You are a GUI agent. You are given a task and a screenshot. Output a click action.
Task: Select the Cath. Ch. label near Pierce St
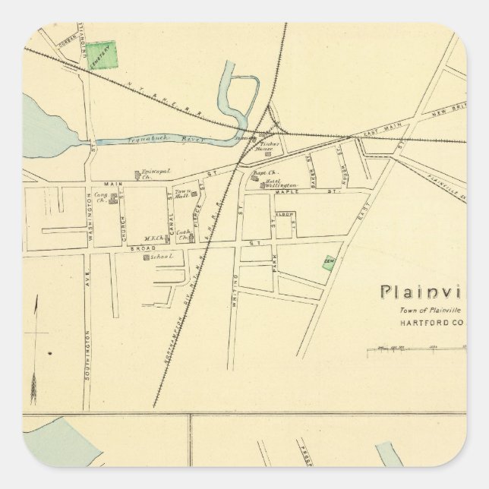click(x=183, y=234)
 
